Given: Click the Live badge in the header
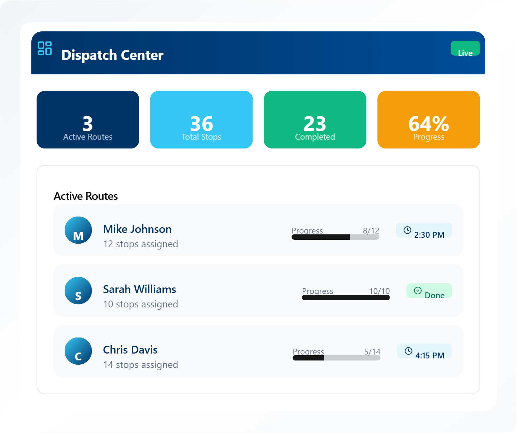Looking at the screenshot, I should tap(465, 49).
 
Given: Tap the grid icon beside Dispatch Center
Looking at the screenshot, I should tap(45, 48).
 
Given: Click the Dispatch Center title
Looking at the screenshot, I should tap(112, 55).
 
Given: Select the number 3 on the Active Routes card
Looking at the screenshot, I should tap(88, 124).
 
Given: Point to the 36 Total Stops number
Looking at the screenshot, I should tap(201, 124).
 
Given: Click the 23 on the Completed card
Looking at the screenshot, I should tap(315, 124).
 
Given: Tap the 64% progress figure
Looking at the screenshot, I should tap(428, 124).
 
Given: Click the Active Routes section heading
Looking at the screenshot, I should tap(86, 196).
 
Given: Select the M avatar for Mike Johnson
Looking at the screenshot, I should tap(78, 230).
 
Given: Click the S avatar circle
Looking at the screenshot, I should tap(78, 291).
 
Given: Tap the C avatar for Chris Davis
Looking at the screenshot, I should tap(78, 351).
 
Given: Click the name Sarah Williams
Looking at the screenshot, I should tap(140, 289).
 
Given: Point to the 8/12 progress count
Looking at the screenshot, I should tap(371, 231).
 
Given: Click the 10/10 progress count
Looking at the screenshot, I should tap(379, 291).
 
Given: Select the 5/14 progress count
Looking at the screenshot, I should tap(372, 352).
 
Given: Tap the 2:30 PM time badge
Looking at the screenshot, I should tap(424, 231).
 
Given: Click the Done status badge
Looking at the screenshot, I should tap(429, 291).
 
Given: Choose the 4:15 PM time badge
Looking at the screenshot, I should tap(424, 351).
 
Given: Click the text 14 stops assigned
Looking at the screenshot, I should tap(141, 365).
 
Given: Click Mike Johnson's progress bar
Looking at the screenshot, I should tap(335, 237).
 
